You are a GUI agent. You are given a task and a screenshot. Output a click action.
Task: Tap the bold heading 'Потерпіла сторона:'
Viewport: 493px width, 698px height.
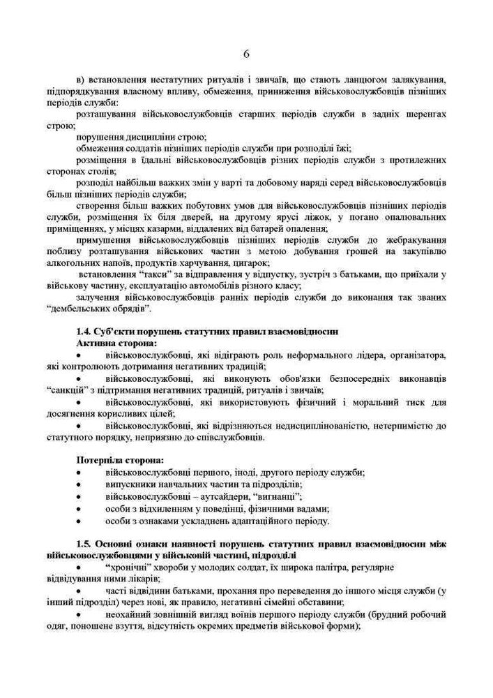pyautogui.click(x=119, y=461)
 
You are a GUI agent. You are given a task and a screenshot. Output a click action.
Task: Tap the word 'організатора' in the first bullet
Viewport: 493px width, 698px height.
pyautogui.click(x=417, y=355)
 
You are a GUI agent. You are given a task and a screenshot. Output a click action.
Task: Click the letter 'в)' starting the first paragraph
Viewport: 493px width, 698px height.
pyautogui.click(x=80, y=79)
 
